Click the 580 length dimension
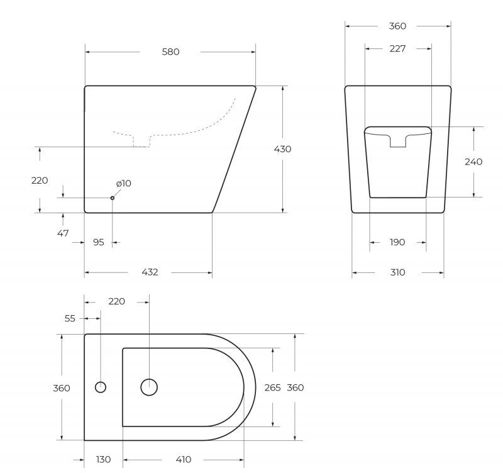coord(170,52)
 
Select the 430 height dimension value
coord(282,149)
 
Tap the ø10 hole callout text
coord(123,183)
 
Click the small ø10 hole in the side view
coord(113,198)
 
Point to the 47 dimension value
coord(63,233)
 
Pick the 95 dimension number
coord(99,242)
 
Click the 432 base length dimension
coord(150,272)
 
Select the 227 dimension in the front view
coord(397,48)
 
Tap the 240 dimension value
coord(473,162)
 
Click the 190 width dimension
coord(397,242)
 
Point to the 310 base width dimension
coord(397,272)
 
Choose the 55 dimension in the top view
coord(70,319)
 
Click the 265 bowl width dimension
coord(272,388)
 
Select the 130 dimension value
coord(103,460)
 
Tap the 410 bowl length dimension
coord(183,460)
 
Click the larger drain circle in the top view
coord(149,387)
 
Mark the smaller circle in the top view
coord(100,387)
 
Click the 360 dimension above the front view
coord(397,26)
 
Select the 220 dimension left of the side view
coord(40,181)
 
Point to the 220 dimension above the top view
coord(116,301)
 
